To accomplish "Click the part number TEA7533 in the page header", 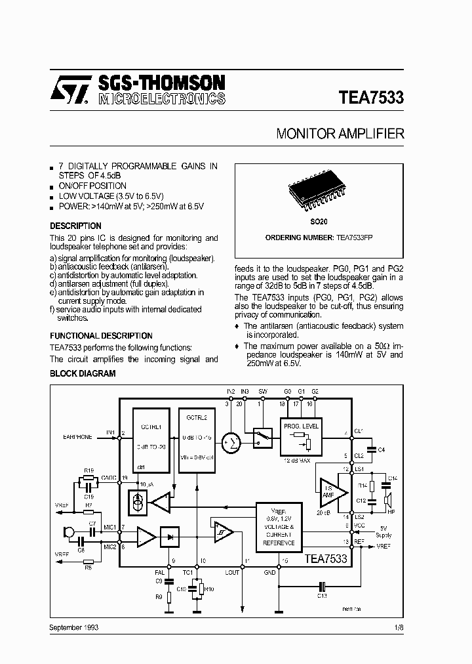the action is (371, 98).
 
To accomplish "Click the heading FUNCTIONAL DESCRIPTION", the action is (101, 335).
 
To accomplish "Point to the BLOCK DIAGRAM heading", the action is (83, 373).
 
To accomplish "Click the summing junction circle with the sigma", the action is (231, 442).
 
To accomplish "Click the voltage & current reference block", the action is (279, 528).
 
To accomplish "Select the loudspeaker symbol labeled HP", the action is (387, 501).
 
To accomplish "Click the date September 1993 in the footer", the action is (74, 628).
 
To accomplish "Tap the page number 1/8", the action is (399, 628).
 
